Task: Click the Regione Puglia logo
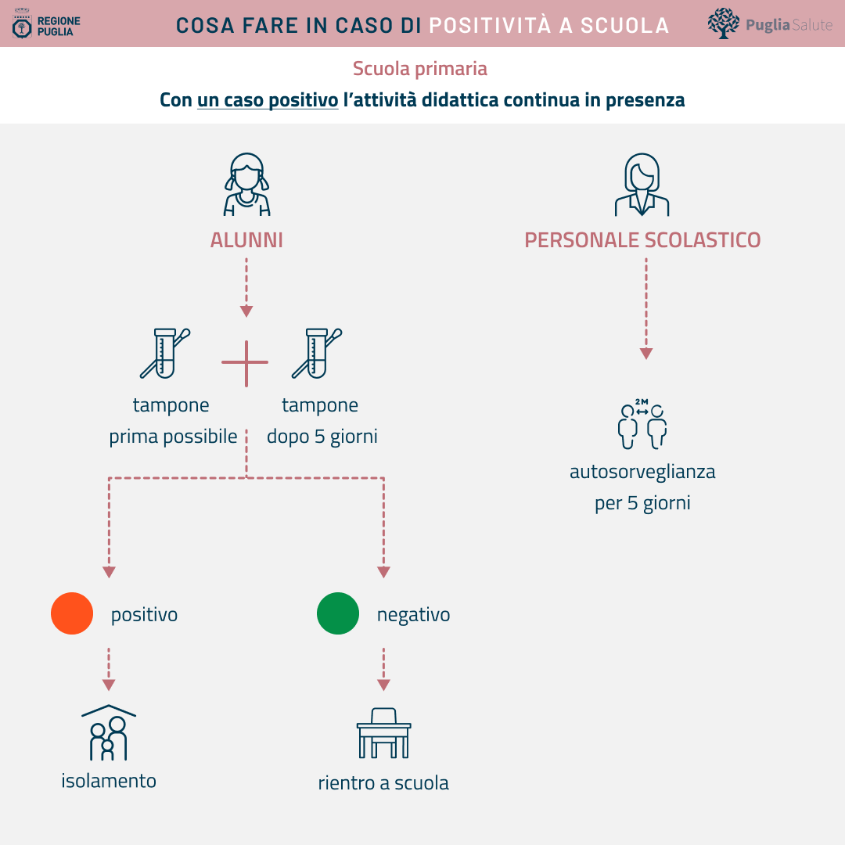[x=46, y=23]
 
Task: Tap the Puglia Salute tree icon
[x=723, y=23]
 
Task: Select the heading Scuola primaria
[x=420, y=69]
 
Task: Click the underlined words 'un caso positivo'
[x=268, y=100]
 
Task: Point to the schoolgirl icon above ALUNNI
[x=246, y=185]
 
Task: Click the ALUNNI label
[x=246, y=240]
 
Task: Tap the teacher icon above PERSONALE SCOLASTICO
[x=642, y=185]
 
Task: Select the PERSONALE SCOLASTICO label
[x=642, y=240]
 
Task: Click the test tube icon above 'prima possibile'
[x=165, y=354]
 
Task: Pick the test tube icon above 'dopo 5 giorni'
[x=317, y=354]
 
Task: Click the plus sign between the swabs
[x=246, y=363]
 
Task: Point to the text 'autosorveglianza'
[x=642, y=472]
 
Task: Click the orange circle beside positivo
[x=72, y=613]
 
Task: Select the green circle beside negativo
[x=338, y=613]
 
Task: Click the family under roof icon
[x=108, y=733]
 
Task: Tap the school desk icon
[x=383, y=733]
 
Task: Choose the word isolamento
[x=108, y=781]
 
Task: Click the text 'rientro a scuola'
[x=383, y=783]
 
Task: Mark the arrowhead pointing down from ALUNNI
[x=246, y=311]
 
